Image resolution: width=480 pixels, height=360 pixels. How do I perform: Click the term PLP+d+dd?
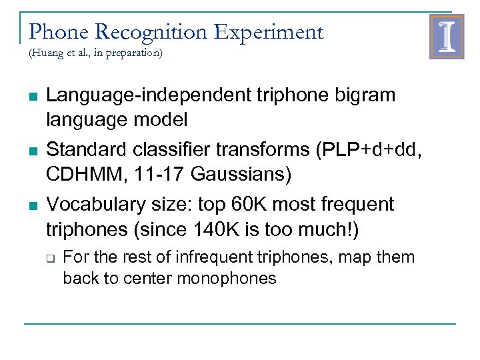click(x=373, y=149)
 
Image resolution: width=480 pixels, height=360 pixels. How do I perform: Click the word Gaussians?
click(x=241, y=175)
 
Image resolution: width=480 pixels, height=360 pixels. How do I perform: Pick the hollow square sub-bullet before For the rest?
click(x=50, y=258)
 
